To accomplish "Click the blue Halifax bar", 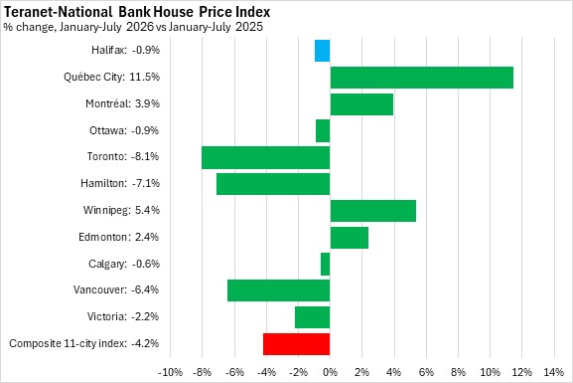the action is coord(323,51).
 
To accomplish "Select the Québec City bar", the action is coord(422,78).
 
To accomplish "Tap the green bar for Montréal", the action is coord(361,104).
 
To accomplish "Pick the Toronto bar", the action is coord(266,157).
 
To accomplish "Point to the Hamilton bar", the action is coord(273,184).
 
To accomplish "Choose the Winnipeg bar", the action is coord(373,211).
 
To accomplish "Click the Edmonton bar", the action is coord(350,238).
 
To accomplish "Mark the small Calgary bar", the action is coord(326,264).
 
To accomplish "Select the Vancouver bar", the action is coord(279,290).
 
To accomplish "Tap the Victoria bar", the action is coord(313,317).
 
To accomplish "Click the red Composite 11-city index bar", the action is coord(296,344).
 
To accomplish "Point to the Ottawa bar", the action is coord(323,130).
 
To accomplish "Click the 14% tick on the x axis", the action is coord(553,372).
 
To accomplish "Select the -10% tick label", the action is coord(170,372).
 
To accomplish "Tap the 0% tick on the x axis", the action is coord(330,372).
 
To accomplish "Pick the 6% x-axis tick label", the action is coord(426,372).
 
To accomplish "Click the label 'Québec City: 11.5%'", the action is coord(112,77).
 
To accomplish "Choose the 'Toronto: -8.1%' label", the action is coord(123,157).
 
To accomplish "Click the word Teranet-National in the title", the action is coord(58,12).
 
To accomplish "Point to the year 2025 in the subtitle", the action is coord(249,27).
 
